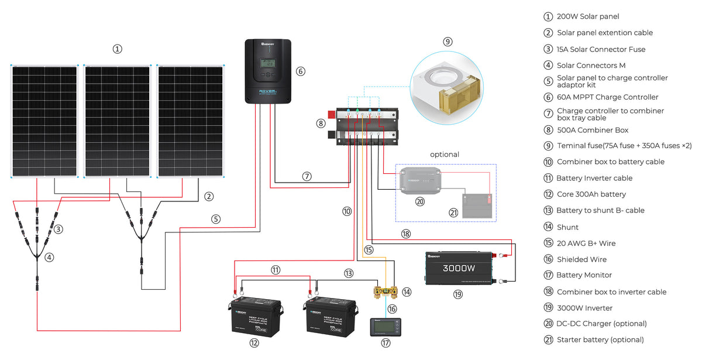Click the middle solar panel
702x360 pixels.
point(117,120)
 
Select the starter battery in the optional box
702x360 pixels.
point(477,205)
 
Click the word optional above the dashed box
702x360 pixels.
point(445,155)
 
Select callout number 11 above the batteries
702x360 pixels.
point(276,270)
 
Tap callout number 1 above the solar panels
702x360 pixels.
point(118,49)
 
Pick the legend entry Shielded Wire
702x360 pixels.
point(581,259)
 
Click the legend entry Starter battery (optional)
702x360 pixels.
point(600,340)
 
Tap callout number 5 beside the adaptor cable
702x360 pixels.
point(216,220)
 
